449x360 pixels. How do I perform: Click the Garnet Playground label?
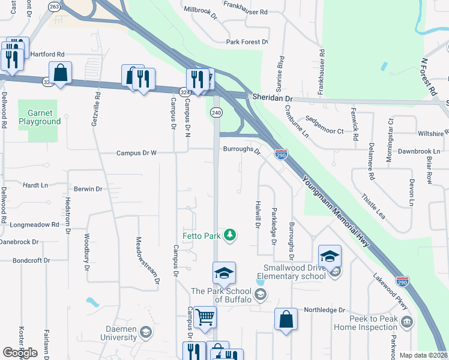pos(39,117)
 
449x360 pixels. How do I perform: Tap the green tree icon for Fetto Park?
pos(229,235)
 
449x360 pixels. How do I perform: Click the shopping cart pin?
pos(205,317)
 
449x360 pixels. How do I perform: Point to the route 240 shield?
pos(217,113)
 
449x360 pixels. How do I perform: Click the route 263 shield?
pos(55,7)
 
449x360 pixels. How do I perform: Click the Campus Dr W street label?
pos(136,153)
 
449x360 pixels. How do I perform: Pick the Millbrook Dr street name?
pos(200,10)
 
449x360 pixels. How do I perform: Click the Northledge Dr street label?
pos(324,310)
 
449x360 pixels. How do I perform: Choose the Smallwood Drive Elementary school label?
pos(294,272)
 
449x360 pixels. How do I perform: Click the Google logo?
pos(20,352)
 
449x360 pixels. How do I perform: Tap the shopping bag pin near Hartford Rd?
pos(61,73)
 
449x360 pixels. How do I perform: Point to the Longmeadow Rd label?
pos(35,225)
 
